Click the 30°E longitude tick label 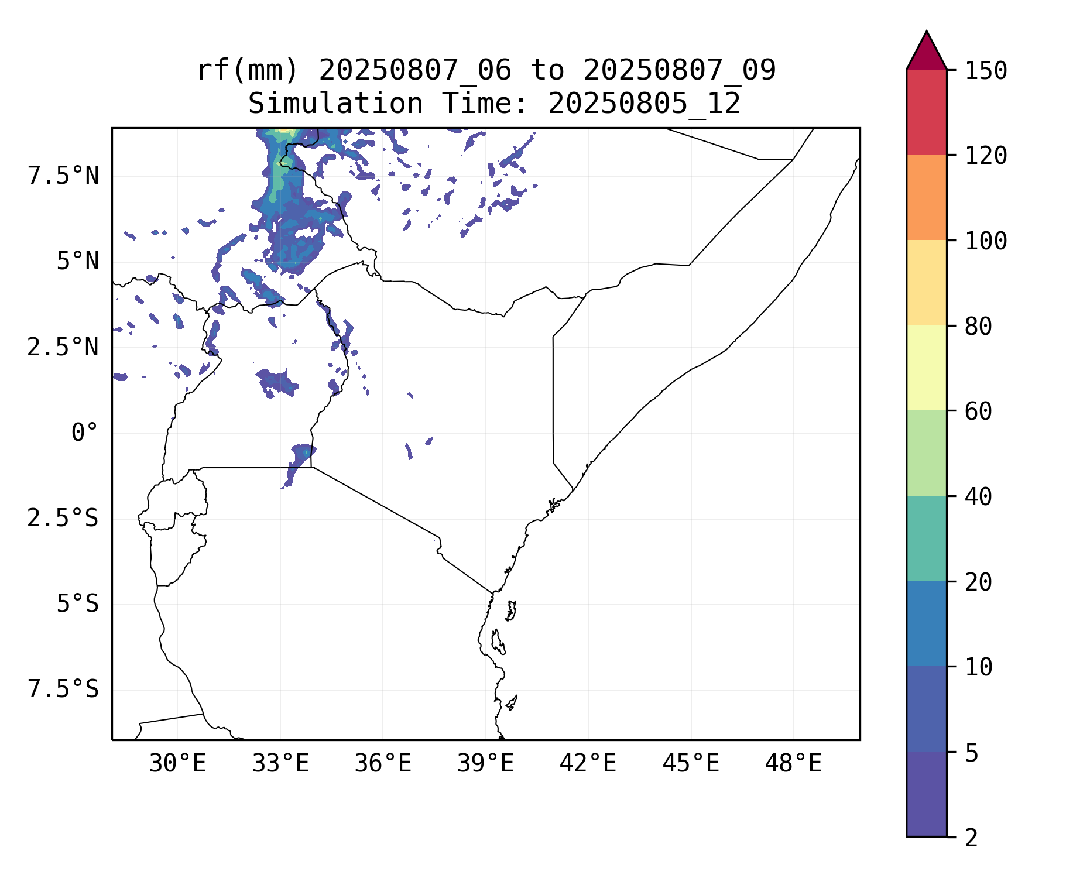pyautogui.click(x=177, y=764)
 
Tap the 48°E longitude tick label pyautogui.click(x=793, y=764)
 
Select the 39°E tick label pyautogui.click(x=485, y=764)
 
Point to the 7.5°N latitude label pyautogui.click(x=63, y=176)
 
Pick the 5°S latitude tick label pyautogui.click(x=77, y=604)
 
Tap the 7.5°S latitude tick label pyautogui.click(x=63, y=690)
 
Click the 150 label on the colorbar pyautogui.click(x=986, y=71)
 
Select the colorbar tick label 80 pyautogui.click(x=979, y=327)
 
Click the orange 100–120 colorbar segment pyautogui.click(x=926, y=197)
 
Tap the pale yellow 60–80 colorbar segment pyautogui.click(x=926, y=368)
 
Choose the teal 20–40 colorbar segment pyautogui.click(x=926, y=539)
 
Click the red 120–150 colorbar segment pyautogui.click(x=926, y=112)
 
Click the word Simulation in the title pyautogui.click(x=335, y=104)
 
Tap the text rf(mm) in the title pyautogui.click(x=248, y=71)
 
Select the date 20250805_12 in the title pyautogui.click(x=644, y=104)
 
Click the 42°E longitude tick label pyautogui.click(x=588, y=764)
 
